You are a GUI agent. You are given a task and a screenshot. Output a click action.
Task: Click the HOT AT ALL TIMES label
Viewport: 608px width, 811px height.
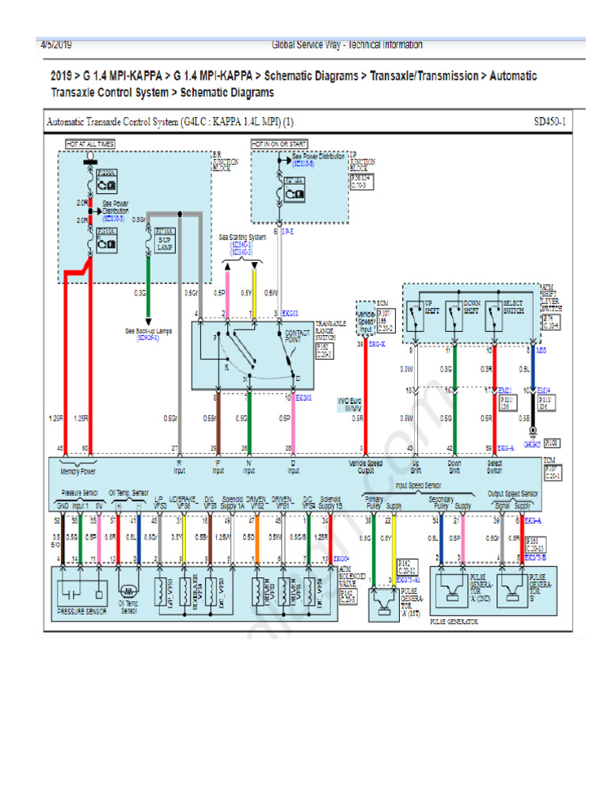point(90,144)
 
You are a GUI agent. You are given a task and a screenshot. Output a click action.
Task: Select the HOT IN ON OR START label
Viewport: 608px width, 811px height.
point(279,144)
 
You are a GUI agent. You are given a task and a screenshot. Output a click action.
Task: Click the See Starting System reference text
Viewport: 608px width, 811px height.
point(243,238)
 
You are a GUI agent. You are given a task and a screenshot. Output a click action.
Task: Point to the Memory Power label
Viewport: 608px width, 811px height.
point(78,470)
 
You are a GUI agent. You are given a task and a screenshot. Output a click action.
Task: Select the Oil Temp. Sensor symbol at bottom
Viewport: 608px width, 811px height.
point(127,590)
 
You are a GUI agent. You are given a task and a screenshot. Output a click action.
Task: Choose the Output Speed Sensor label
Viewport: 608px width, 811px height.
point(512,493)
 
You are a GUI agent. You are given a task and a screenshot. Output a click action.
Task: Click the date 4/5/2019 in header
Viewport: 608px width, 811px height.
point(56,45)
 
